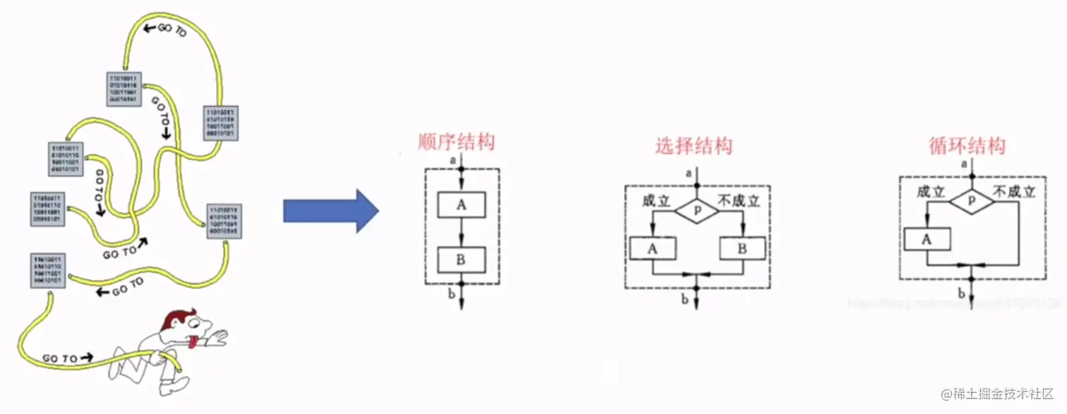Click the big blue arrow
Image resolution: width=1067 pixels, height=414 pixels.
click(330, 210)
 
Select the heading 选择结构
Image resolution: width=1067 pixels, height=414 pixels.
click(694, 146)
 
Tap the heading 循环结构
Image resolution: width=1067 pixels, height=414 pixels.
click(967, 146)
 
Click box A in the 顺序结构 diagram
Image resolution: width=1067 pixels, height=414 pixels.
click(462, 205)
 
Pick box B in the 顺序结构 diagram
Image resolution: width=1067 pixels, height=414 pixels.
click(462, 260)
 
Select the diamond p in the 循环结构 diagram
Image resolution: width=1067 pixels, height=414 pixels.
click(971, 200)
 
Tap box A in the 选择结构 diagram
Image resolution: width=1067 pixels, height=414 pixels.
click(653, 248)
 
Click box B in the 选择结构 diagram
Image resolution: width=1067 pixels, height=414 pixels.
click(742, 248)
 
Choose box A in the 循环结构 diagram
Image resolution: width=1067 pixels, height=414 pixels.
click(927, 239)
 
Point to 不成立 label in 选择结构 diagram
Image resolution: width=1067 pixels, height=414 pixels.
click(738, 200)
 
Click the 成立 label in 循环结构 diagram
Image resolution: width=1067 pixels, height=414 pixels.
click(930, 191)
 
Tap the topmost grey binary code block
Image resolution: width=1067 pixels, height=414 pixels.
click(124, 89)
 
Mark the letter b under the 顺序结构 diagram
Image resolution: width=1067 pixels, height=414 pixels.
click(452, 292)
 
